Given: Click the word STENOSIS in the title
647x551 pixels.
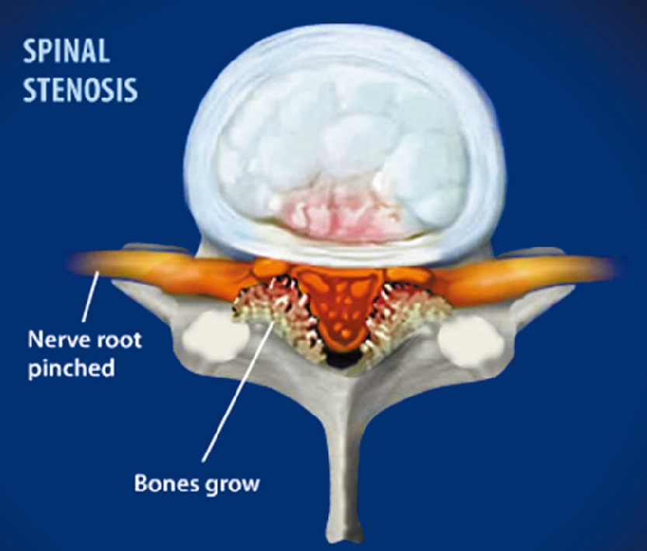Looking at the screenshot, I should click(80, 89).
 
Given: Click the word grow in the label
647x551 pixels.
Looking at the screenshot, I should click(231, 484).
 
